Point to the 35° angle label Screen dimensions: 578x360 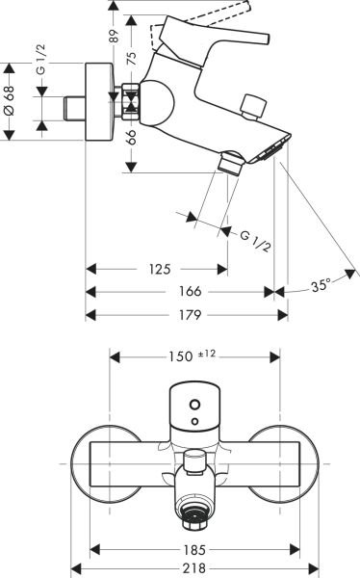click(321, 285)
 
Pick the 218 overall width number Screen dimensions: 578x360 click(195, 567)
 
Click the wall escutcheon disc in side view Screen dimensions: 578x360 click(98, 104)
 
